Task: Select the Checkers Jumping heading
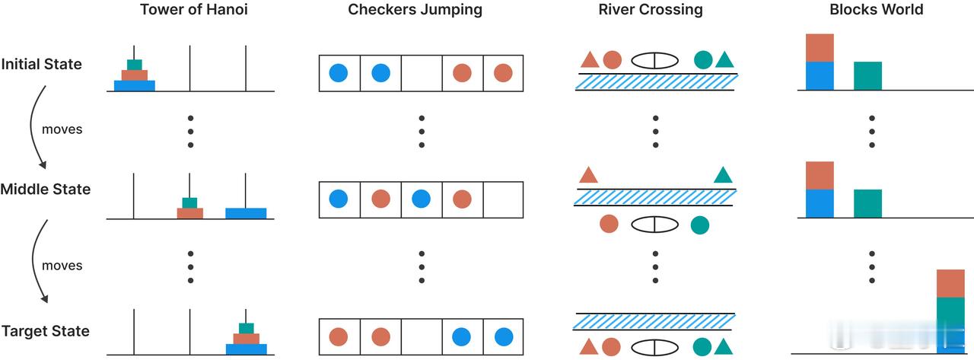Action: pyautogui.click(x=415, y=10)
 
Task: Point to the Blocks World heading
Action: pyautogui.click(x=877, y=10)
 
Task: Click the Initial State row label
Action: pyautogui.click(x=41, y=64)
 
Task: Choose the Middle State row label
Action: pyautogui.click(x=45, y=189)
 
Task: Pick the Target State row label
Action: pyautogui.click(x=45, y=331)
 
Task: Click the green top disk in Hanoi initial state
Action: pyautogui.click(x=134, y=65)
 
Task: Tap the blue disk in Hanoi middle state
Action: pyautogui.click(x=246, y=213)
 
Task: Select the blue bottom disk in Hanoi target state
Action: pyautogui.click(x=246, y=349)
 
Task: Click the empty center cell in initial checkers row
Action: pyautogui.click(x=421, y=73)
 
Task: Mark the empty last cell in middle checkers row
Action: pyautogui.click(x=503, y=199)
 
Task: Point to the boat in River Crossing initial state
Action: pyautogui.click(x=654, y=60)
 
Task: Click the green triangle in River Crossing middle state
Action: pyautogui.click(x=723, y=176)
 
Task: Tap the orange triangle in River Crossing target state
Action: pyautogui.click(x=588, y=347)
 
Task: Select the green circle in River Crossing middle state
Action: pyautogui.click(x=700, y=225)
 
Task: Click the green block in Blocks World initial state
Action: pyautogui.click(x=867, y=76)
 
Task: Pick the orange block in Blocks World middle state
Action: pyautogui.click(x=820, y=175)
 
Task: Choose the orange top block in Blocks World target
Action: pyautogui.click(x=950, y=283)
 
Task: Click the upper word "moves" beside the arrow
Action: pyautogui.click(x=62, y=129)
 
